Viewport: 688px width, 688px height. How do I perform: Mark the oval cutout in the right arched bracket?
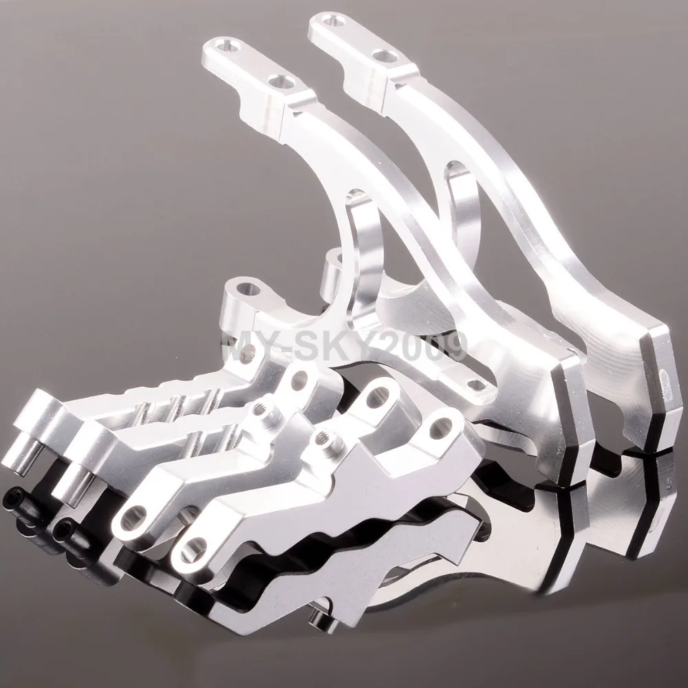pos(462,206)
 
